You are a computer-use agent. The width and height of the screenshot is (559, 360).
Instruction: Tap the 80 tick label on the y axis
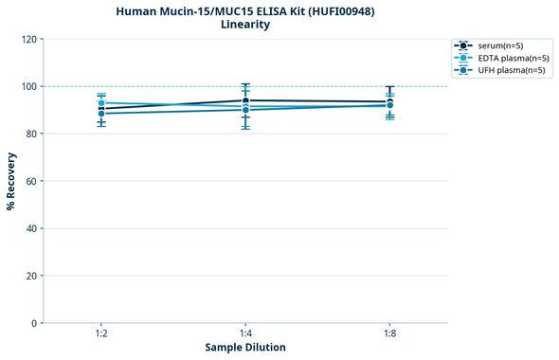(30, 134)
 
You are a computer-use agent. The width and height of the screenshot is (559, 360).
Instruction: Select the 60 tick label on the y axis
(30, 181)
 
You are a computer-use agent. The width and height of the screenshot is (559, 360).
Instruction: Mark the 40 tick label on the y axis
(30, 228)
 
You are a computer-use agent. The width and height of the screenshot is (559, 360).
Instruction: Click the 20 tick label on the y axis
(30, 276)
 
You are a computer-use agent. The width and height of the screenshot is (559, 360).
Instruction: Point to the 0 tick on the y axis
(33, 323)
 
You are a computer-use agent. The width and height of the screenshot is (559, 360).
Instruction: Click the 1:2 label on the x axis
(101, 334)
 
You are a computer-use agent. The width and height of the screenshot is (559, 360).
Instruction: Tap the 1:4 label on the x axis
(245, 334)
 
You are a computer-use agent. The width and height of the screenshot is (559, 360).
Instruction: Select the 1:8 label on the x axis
(389, 334)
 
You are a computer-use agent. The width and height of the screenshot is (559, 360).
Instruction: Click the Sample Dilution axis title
(245, 348)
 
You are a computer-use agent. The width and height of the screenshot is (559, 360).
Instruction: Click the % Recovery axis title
(11, 181)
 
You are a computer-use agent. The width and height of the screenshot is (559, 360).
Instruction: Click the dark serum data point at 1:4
(245, 100)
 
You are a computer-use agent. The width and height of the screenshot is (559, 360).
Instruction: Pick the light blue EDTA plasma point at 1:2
(101, 103)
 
